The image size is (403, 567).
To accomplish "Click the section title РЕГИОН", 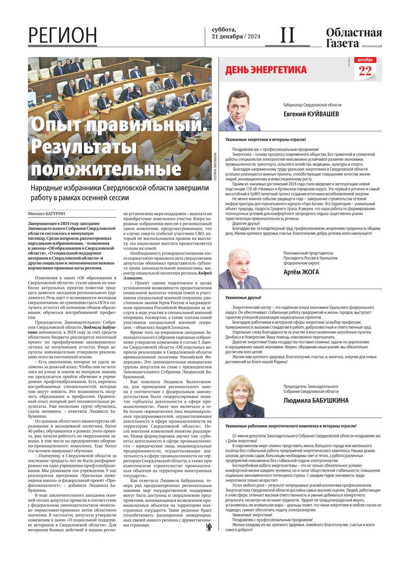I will point(62,36).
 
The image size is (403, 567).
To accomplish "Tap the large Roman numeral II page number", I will point(287,35).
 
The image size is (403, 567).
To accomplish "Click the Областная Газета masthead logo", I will point(354,38).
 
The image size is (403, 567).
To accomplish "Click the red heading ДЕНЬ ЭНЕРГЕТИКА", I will point(265,70).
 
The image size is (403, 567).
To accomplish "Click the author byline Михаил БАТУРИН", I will point(48,214).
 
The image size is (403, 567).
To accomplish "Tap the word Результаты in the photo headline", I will point(84,147).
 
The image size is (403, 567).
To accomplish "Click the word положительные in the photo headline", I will point(87,167).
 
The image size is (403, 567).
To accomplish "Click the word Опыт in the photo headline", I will point(56,125).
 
